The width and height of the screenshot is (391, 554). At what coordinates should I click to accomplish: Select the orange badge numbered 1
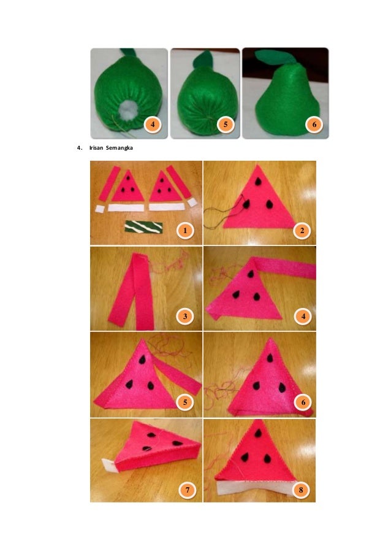[x=185, y=231]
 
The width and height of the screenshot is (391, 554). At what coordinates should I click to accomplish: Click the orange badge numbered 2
[x=302, y=231]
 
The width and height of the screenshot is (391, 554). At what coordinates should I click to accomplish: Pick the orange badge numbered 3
[x=185, y=316]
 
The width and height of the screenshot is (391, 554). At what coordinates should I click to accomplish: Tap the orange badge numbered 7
[x=188, y=490]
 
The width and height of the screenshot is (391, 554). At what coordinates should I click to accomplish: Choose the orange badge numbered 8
[x=301, y=490]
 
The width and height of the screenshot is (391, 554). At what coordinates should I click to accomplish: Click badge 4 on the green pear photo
[x=153, y=125]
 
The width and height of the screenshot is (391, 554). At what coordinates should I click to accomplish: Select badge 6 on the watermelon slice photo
[x=303, y=402]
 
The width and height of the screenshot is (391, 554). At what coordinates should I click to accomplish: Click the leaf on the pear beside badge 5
[x=203, y=59]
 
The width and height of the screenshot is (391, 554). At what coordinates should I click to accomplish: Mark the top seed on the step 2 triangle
[x=258, y=181]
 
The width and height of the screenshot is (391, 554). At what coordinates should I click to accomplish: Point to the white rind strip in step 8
[x=254, y=488]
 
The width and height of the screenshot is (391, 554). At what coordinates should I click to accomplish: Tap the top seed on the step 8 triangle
[x=258, y=433]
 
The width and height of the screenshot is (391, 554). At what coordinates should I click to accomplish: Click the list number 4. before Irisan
[x=80, y=148]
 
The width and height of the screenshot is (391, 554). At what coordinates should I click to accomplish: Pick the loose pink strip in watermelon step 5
[x=177, y=375]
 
